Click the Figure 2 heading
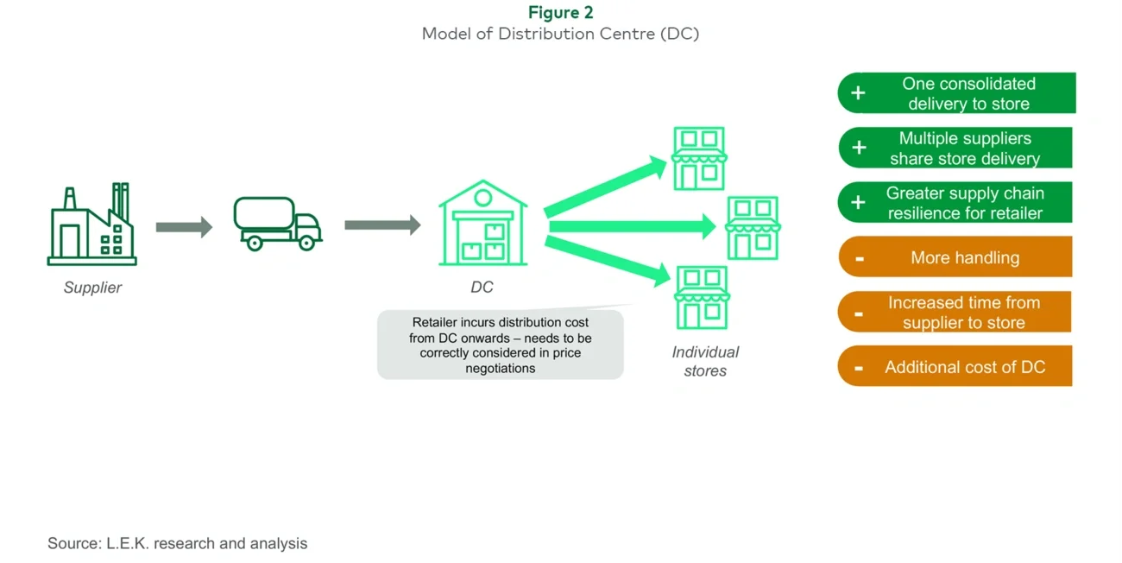[560, 12]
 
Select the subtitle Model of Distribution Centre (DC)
[560, 35]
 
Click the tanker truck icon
[277, 224]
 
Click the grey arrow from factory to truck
[184, 227]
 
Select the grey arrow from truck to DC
[382, 225]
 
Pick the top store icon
[699, 159]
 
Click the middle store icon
[753, 228]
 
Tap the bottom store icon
[701, 298]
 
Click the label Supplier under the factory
[92, 288]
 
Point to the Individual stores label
[705, 361]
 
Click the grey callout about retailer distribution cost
[500, 345]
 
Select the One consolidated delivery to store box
[956, 93]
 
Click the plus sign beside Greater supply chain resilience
[858, 202]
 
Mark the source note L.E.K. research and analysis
[177, 543]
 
